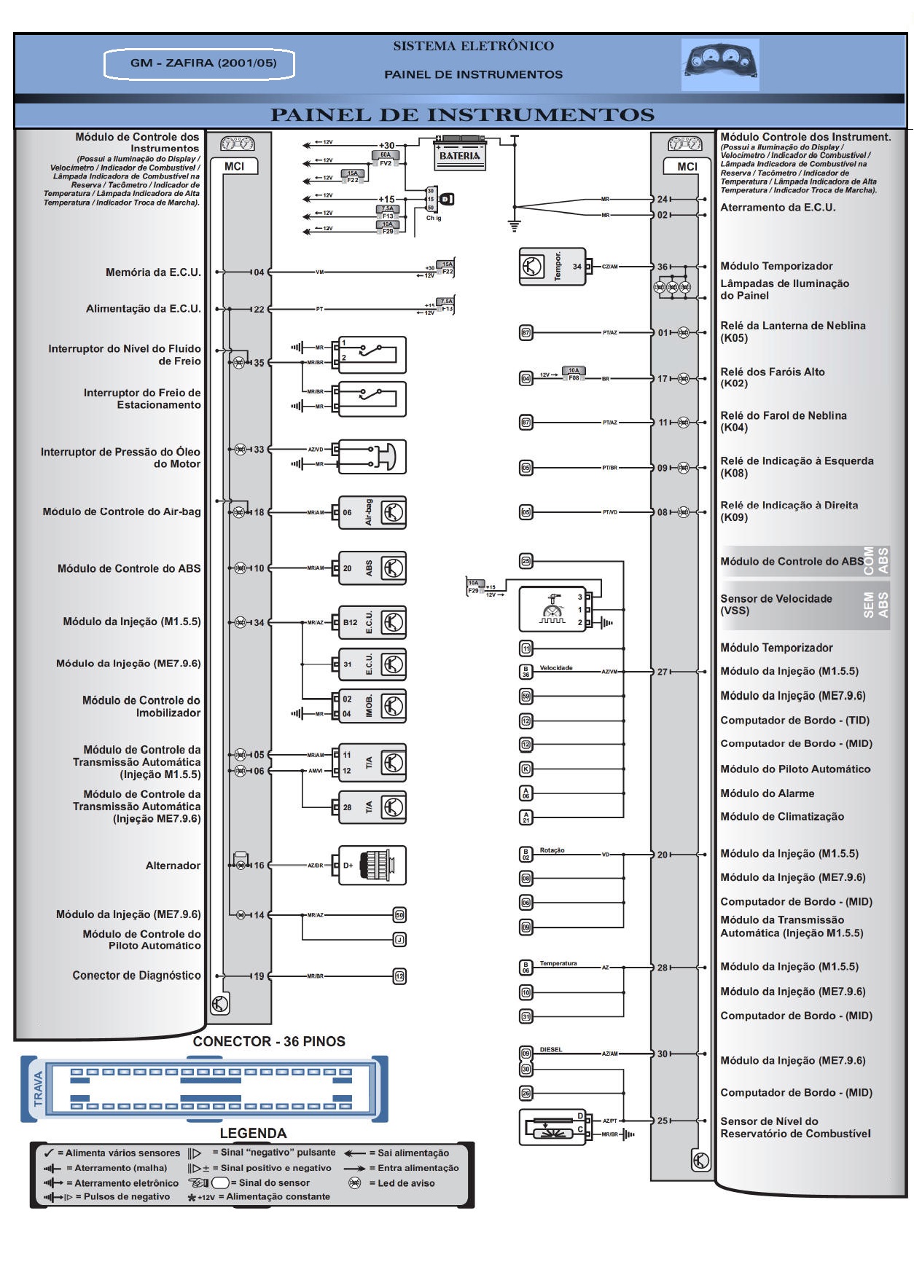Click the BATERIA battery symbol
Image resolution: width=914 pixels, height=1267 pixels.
(460, 154)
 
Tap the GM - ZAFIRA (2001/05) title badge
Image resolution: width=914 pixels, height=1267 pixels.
(200, 63)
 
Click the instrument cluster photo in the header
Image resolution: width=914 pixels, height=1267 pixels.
(720, 65)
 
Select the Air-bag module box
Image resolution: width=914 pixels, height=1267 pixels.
(372, 512)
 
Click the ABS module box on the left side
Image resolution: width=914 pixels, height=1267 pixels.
(372, 568)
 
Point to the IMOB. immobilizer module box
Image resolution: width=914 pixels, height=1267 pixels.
(372, 706)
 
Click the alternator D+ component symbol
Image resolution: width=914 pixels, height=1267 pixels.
(372, 866)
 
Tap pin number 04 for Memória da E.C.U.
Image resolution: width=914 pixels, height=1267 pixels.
(259, 272)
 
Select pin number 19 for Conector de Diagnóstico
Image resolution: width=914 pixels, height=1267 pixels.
(259, 976)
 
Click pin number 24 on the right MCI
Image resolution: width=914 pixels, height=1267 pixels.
(662, 199)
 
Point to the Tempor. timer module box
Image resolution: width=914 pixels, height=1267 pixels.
(552, 267)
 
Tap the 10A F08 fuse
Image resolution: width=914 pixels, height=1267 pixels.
(574, 374)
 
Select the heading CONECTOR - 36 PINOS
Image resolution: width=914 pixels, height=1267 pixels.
(269, 1041)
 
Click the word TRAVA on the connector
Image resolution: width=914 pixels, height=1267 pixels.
(39, 1088)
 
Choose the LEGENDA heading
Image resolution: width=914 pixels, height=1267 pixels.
(253, 1133)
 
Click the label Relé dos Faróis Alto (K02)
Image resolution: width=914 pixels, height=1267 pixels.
(773, 377)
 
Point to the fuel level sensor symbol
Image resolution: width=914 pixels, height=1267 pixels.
(552, 1127)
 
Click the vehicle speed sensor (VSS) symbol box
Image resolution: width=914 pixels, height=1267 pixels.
(552, 609)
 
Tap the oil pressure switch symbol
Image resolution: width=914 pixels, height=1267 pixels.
(372, 457)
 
